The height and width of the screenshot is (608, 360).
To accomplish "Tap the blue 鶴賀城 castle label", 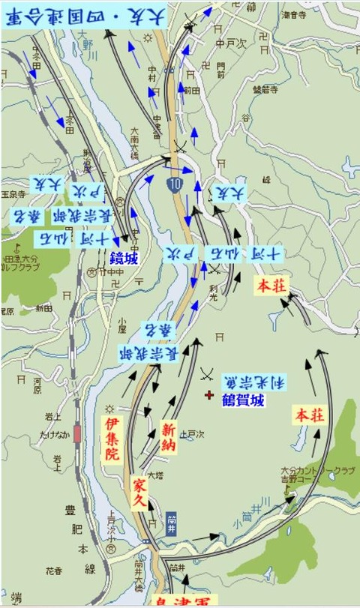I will click(x=244, y=400).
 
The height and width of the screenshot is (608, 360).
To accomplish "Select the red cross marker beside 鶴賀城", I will click(x=208, y=394).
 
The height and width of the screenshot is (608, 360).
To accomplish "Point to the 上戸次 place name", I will click(x=193, y=434).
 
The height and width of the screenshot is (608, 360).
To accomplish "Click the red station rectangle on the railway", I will click(x=76, y=433).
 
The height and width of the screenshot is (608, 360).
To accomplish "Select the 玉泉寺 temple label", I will click(x=11, y=194).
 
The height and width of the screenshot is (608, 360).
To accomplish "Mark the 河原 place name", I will click(x=37, y=382).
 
